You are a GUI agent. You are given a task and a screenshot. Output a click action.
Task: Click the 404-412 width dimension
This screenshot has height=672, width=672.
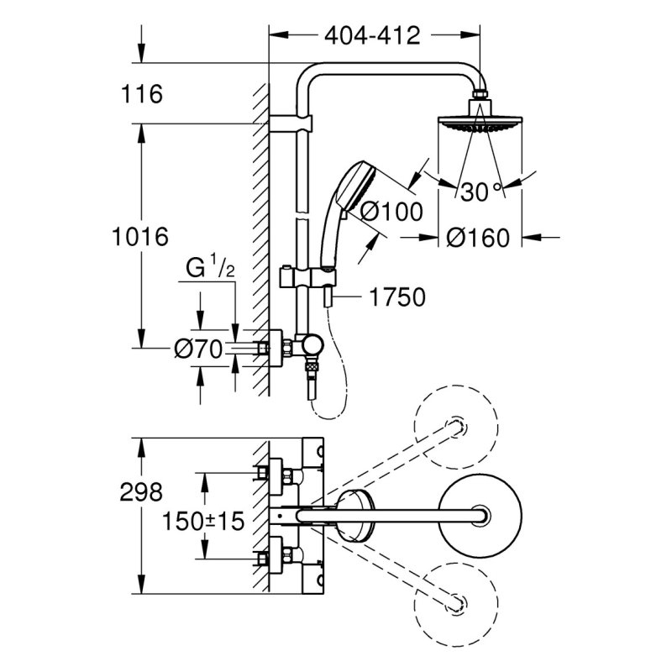371,35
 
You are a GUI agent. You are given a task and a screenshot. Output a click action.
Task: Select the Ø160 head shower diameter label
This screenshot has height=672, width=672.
479,238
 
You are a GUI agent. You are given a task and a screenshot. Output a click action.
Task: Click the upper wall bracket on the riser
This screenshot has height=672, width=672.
299,124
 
